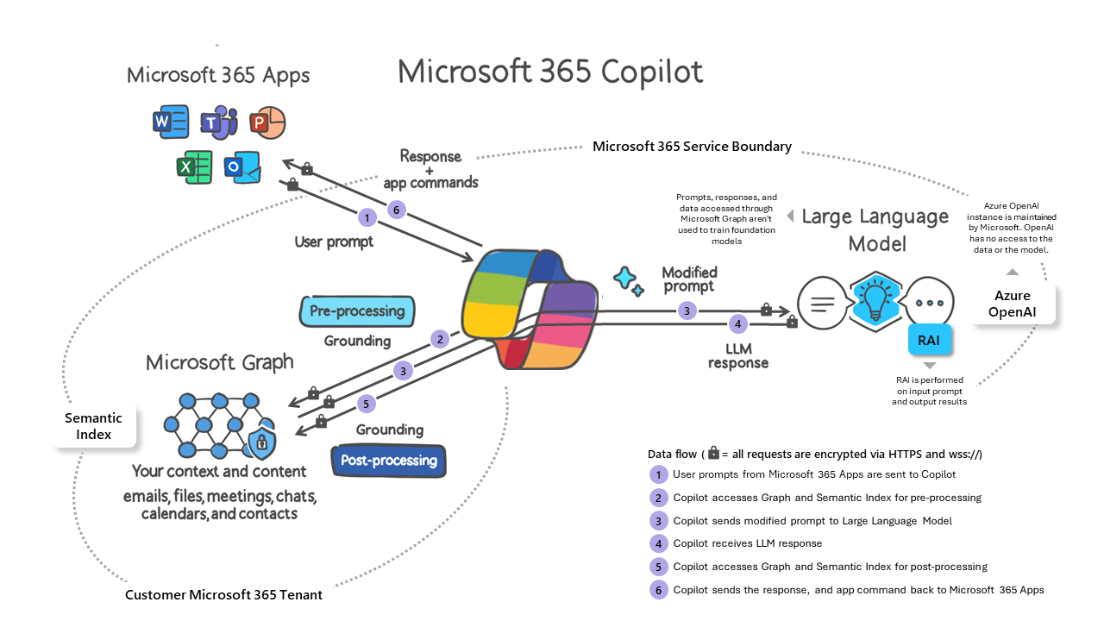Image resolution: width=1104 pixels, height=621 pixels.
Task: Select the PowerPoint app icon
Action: tap(267, 123)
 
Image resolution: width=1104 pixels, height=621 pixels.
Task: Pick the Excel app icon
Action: tap(194, 166)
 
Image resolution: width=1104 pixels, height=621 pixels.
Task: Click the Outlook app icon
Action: tap(241, 166)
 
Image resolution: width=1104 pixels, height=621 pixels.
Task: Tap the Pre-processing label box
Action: tap(357, 311)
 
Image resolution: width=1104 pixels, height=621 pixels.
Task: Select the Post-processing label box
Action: tap(389, 461)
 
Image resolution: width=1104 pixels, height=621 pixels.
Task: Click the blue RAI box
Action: tap(929, 341)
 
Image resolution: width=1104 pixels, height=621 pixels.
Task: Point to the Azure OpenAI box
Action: tap(1013, 303)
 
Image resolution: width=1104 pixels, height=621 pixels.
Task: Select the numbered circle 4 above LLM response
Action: tap(737, 324)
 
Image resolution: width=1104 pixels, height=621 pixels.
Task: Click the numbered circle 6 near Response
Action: tap(396, 209)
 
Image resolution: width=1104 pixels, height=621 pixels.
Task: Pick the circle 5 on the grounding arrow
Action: tap(366, 403)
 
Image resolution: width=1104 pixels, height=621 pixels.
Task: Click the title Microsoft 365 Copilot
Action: tap(550, 72)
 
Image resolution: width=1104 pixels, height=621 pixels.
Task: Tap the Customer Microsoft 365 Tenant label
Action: tap(223, 595)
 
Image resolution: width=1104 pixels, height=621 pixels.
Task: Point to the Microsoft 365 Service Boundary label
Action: tap(692, 147)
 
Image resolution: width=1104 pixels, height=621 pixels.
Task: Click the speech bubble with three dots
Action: tap(931, 304)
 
